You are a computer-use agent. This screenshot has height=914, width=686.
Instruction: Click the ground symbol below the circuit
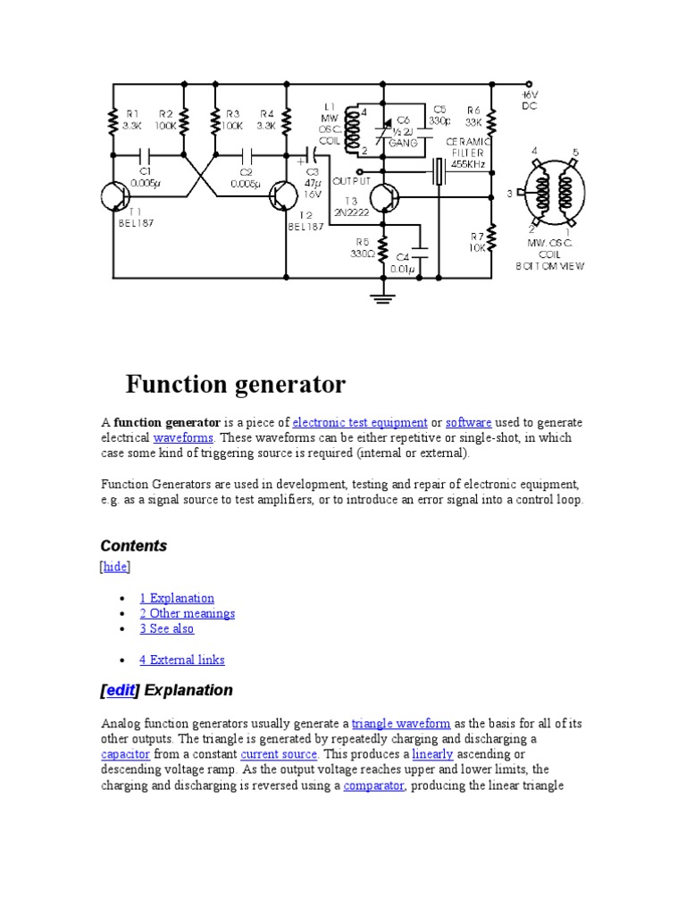[384, 298]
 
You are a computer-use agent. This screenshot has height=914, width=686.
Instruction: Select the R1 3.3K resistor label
[133, 120]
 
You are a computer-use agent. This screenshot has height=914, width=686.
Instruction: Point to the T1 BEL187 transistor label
[136, 218]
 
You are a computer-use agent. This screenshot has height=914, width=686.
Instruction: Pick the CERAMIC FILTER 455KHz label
[468, 153]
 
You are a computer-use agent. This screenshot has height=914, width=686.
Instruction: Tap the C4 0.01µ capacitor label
[403, 263]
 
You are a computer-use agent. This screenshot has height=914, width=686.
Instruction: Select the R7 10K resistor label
[478, 242]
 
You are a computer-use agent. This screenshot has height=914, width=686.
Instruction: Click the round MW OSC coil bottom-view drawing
[553, 194]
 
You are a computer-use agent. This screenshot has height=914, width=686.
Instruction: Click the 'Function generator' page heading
[235, 385]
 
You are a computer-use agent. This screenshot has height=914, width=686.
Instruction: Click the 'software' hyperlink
[469, 422]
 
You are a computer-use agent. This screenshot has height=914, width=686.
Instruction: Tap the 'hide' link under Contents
[115, 567]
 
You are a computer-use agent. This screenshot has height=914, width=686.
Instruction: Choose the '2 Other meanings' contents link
[187, 613]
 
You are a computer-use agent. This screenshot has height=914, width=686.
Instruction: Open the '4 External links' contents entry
[181, 660]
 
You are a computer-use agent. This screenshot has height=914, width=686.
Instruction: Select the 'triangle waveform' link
[401, 724]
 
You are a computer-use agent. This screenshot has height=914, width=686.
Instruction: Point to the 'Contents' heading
[134, 545]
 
